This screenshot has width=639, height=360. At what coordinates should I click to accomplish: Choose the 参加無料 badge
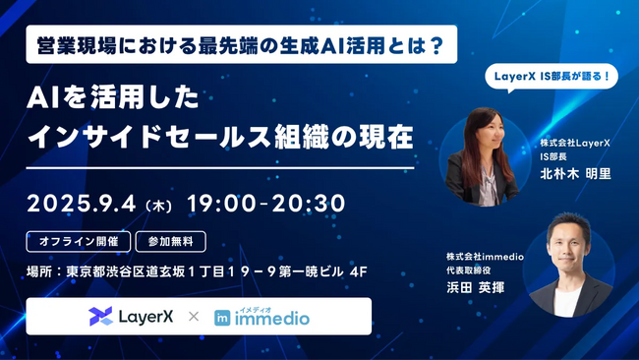(x=177, y=239)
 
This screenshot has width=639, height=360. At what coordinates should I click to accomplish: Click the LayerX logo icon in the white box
(x=100, y=316)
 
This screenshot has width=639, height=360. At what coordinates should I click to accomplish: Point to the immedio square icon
(x=223, y=318)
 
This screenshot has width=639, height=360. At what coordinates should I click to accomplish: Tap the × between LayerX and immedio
(x=193, y=317)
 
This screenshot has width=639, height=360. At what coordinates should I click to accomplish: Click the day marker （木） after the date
(x=158, y=205)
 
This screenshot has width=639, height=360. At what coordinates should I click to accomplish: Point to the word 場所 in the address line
(x=39, y=269)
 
